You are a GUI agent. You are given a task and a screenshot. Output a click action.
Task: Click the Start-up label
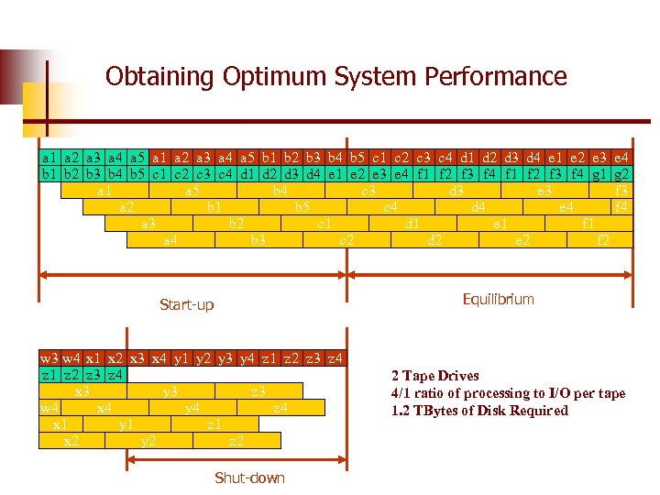click(x=186, y=304)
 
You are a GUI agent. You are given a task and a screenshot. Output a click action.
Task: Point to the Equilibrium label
click(x=498, y=300)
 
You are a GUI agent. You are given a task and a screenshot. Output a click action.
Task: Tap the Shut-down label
click(x=249, y=478)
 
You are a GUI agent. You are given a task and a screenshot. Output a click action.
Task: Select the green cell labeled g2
click(x=621, y=173)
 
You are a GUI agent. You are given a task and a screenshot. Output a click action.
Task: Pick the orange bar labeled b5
click(x=302, y=207)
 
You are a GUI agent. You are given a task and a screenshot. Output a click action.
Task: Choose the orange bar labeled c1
click(x=324, y=224)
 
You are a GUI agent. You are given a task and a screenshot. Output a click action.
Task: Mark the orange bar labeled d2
click(x=435, y=240)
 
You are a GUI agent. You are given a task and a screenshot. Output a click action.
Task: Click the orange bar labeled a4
click(x=170, y=240)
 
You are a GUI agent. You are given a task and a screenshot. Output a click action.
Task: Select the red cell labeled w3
click(x=49, y=358)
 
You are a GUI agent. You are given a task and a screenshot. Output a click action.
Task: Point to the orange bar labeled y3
click(x=170, y=391)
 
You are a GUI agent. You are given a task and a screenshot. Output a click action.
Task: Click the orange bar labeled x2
click(x=71, y=441)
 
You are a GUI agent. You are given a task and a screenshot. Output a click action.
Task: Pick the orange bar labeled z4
click(x=280, y=408)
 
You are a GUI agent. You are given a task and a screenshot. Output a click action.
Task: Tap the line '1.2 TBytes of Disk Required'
click(x=479, y=411)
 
